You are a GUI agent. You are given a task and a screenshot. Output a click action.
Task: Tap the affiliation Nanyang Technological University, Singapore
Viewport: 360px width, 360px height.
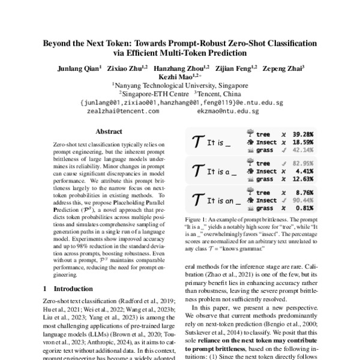181,86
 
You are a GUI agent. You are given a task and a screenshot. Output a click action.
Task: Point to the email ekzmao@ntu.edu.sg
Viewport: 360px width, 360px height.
229,111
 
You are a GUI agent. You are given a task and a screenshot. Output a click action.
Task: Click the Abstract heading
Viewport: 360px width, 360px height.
109,131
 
